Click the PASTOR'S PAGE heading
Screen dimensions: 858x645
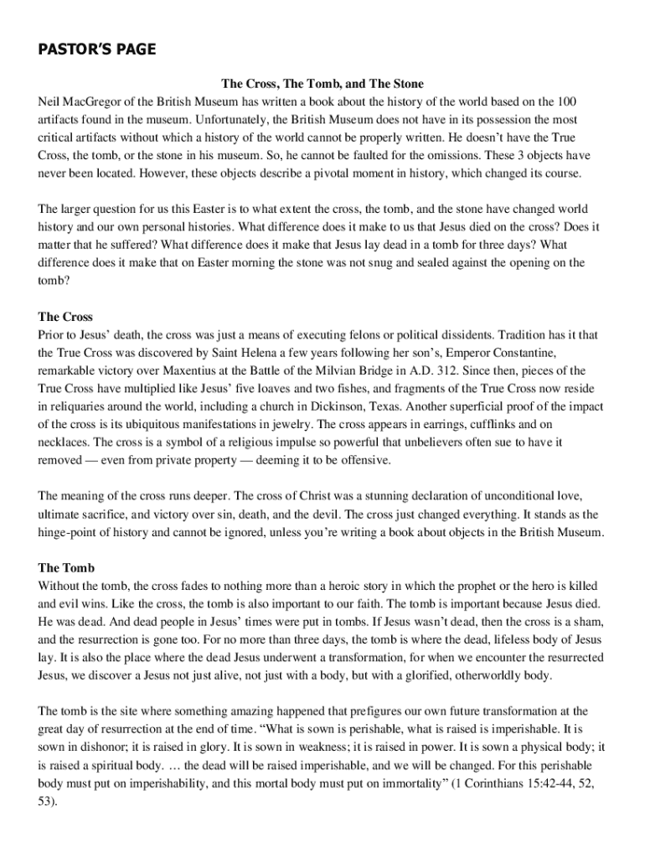[x=96, y=50]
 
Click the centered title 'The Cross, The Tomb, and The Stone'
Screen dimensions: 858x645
[x=322, y=84]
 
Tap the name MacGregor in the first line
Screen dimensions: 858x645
[x=95, y=102]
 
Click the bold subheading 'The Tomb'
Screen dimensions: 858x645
[x=66, y=567]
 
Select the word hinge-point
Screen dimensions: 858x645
[x=74, y=532]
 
